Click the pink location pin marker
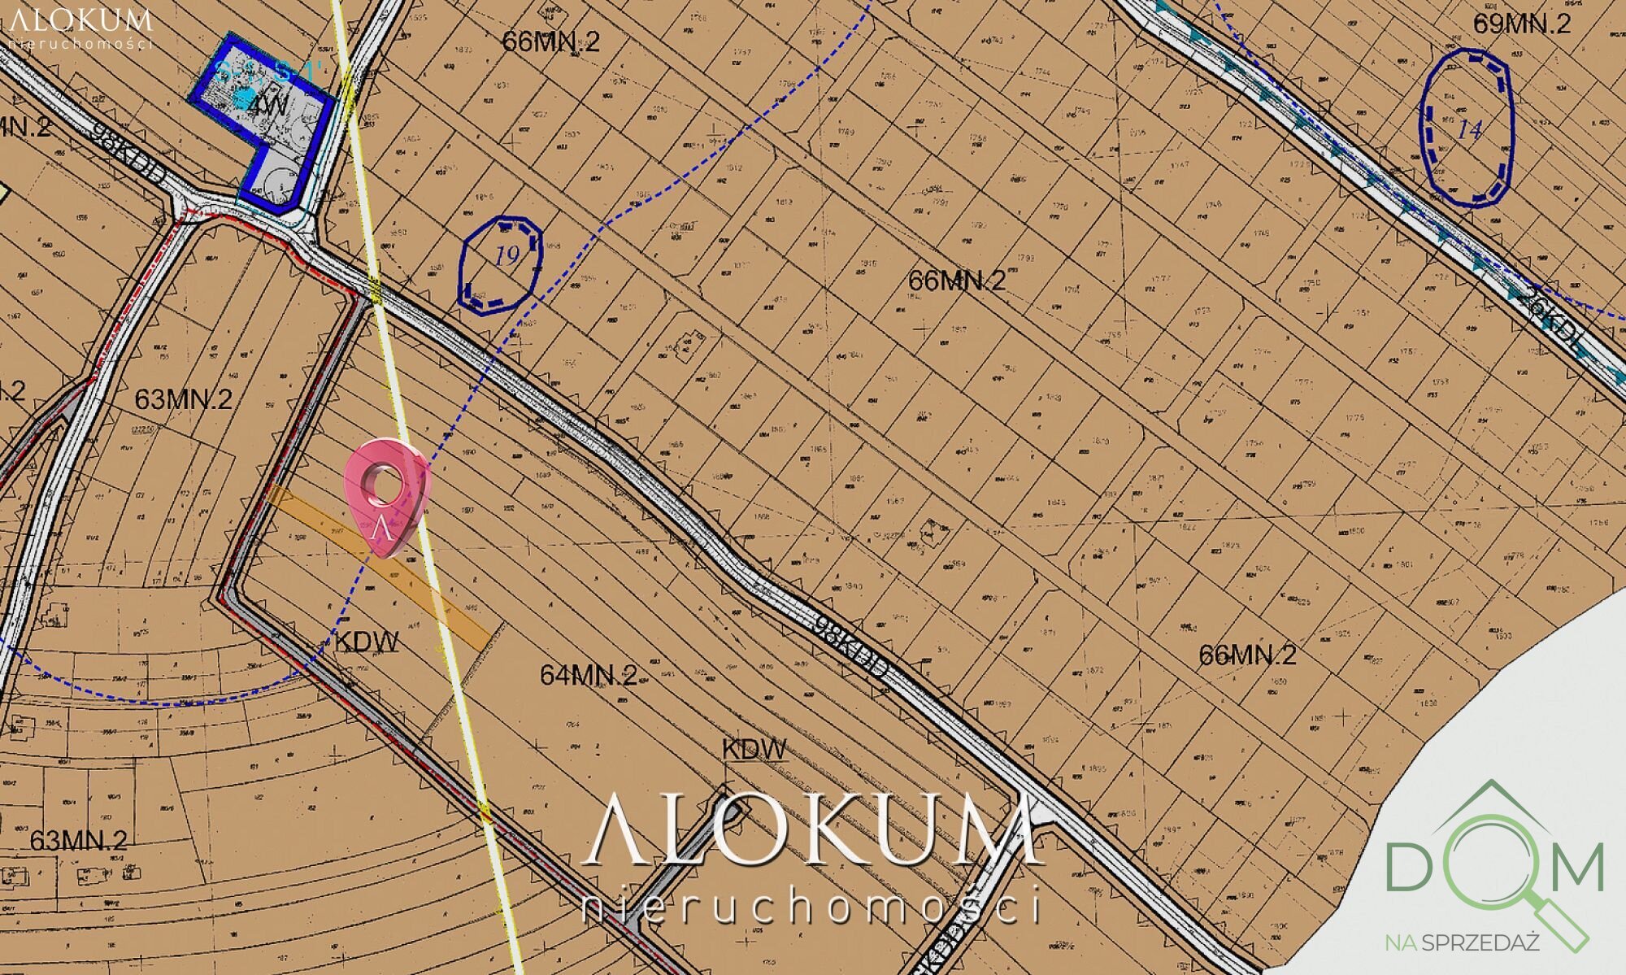(x=385, y=496)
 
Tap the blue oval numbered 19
(x=500, y=265)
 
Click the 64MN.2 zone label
(x=589, y=675)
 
